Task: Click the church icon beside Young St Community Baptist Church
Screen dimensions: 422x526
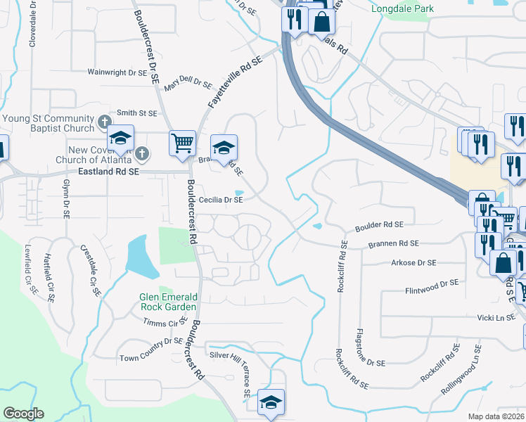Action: [103, 122]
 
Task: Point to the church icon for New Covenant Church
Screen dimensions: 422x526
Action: [142, 153]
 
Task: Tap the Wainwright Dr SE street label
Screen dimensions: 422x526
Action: [117, 72]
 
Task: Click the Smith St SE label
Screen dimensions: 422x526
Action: [136, 113]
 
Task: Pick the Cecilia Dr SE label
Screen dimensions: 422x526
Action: [220, 200]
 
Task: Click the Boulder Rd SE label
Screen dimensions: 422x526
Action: [379, 225]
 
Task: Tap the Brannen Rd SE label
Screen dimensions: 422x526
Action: [393, 243]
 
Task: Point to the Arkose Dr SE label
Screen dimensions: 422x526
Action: [413, 262]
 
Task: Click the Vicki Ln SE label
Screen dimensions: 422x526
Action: [496, 318]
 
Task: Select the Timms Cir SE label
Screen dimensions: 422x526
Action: [165, 323]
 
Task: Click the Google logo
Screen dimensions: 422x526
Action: [23, 414]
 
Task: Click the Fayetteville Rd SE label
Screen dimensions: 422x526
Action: [235, 82]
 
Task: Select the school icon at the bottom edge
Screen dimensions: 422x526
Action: [271, 402]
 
